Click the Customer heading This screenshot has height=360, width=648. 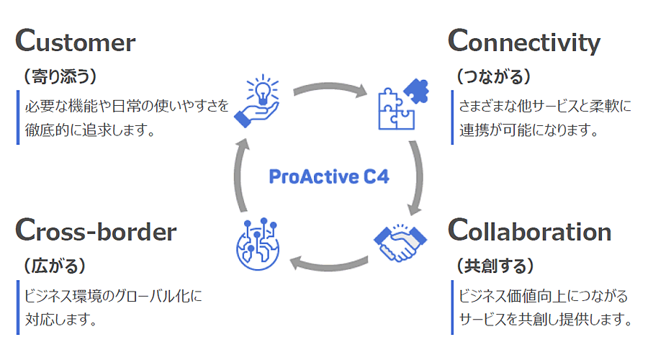tap(75, 42)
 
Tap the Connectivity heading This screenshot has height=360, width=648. tap(523, 42)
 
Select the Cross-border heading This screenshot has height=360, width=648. tap(95, 231)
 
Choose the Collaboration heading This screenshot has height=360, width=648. tap(529, 231)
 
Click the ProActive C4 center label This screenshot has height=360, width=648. tap(329, 176)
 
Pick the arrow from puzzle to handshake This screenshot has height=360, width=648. tap(415, 176)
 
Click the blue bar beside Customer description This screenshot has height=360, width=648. tap(18, 117)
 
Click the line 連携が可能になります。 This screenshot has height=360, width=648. tap(529, 130)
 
